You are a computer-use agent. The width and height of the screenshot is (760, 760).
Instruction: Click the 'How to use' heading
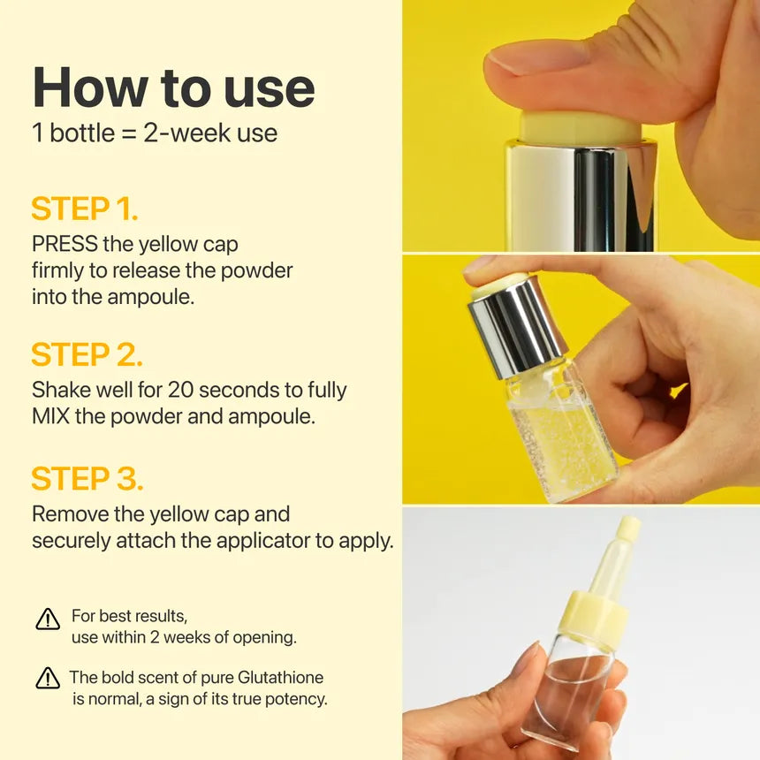[173, 87]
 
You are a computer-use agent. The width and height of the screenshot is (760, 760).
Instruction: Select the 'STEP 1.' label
[85, 209]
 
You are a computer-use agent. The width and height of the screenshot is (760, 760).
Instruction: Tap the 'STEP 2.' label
[87, 354]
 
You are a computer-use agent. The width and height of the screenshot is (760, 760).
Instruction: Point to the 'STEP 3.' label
[87, 478]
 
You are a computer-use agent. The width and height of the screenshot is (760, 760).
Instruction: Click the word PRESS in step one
[65, 244]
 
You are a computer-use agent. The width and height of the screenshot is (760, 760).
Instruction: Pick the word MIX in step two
[50, 416]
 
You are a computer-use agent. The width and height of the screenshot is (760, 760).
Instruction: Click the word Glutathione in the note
[280, 678]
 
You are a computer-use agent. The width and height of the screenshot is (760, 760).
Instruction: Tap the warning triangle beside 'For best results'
[48, 619]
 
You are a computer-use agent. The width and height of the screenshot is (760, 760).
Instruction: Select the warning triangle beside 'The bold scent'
[48, 679]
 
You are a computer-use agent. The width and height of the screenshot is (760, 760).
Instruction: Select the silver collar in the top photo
[580, 194]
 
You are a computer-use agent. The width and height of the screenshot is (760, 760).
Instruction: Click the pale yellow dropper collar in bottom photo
[591, 619]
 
